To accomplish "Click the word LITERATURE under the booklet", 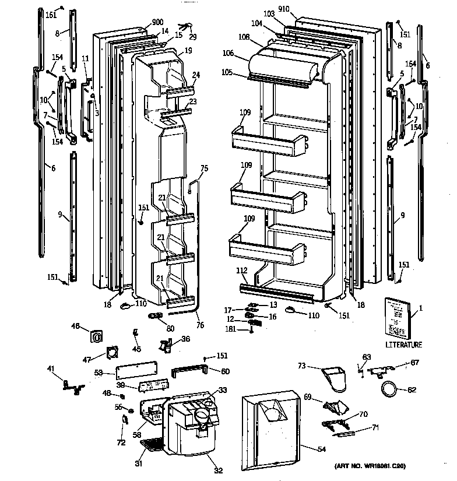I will (x=403, y=345).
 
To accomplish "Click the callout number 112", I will (x=242, y=270).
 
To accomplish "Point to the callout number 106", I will (x=228, y=53).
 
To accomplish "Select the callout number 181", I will (x=231, y=329).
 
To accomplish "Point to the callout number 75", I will (x=204, y=168).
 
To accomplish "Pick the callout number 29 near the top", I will (x=193, y=37).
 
